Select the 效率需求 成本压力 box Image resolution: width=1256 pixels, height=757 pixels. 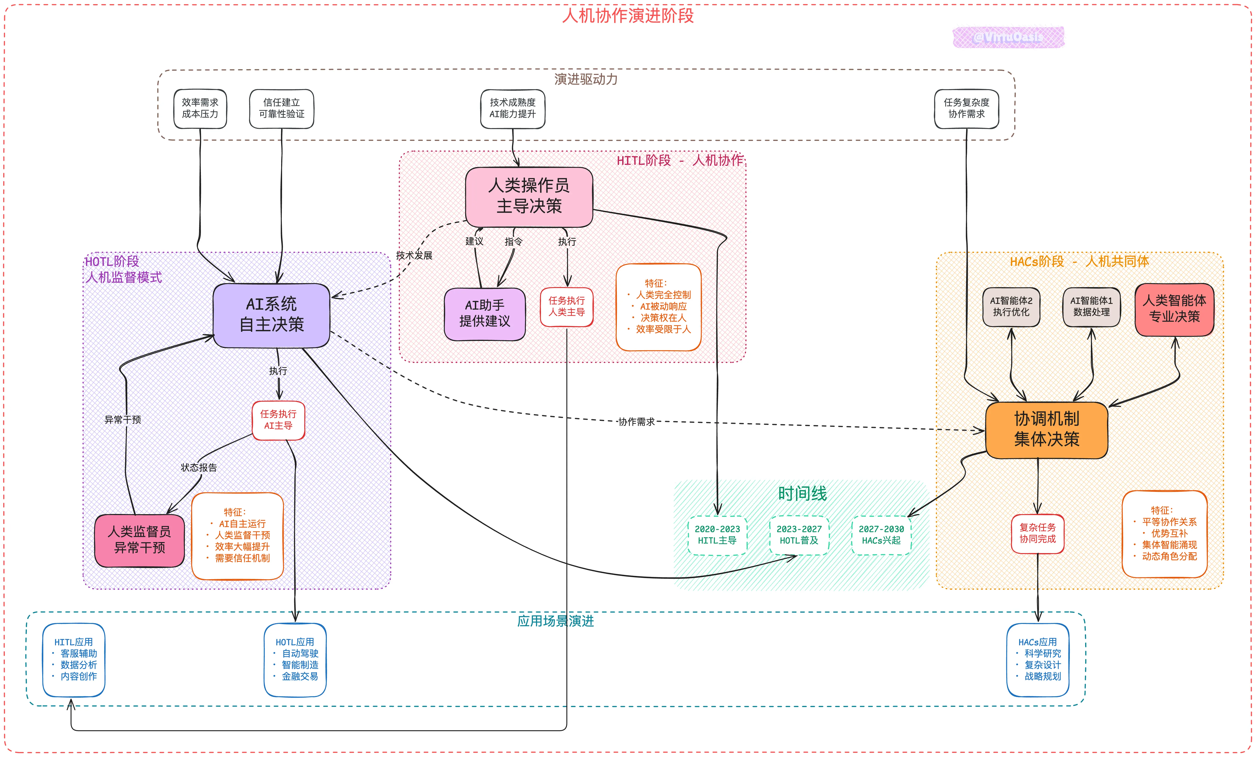click(200, 109)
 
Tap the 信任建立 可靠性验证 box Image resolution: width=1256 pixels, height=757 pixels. click(281, 109)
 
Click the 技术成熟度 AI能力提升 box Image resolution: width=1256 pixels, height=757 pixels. click(513, 109)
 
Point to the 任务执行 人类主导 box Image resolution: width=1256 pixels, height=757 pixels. click(566, 307)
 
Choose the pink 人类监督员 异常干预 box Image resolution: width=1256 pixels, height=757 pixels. click(139, 540)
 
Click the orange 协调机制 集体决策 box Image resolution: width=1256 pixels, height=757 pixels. click(1046, 429)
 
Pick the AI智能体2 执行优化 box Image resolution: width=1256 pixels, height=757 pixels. click(1011, 307)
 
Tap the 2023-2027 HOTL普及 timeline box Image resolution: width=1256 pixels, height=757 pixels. click(799, 535)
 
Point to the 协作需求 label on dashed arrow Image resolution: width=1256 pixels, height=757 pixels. click(636, 422)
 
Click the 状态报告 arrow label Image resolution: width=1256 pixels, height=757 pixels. click(199, 468)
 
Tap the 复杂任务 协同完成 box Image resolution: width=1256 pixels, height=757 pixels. click(1037, 533)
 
